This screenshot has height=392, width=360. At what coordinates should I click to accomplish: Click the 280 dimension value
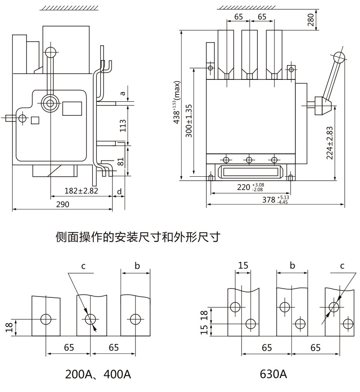point(310,19)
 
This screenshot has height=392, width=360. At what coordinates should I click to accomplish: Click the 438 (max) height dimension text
point(177,102)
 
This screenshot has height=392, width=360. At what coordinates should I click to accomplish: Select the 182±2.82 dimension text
point(81,191)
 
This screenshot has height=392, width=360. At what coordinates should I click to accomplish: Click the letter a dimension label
point(122,93)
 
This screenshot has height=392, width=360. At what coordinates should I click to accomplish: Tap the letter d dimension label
point(119,192)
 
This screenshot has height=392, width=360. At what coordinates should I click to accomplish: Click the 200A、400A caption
point(98,374)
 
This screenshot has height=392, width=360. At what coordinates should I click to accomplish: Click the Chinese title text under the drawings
point(138,237)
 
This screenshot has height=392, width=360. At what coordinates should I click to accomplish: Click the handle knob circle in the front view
point(339,57)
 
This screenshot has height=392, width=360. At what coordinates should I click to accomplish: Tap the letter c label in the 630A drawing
point(342,266)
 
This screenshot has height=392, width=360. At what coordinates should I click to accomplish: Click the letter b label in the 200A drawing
point(138,266)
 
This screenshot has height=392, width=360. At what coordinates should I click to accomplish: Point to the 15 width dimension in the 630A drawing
point(243,265)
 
